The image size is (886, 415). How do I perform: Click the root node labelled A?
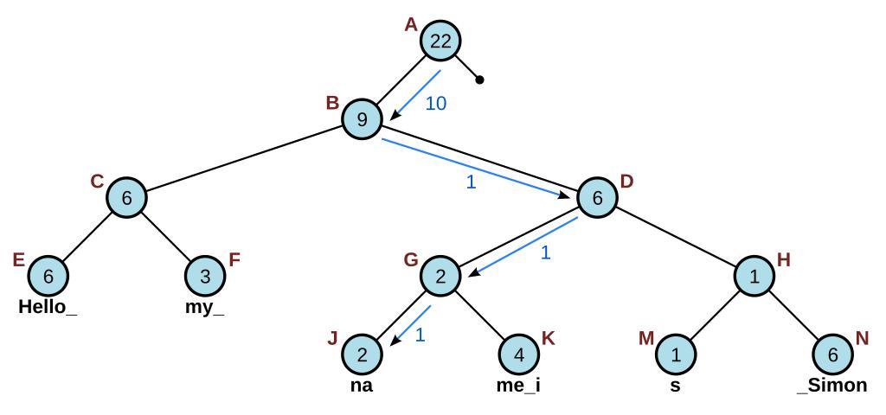(440, 41)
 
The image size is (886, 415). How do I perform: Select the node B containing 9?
(362, 118)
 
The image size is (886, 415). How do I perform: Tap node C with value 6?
(126, 197)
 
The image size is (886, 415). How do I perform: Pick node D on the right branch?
(597, 197)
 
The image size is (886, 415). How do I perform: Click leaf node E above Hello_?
(48, 276)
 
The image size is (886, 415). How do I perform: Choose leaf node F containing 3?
(205, 276)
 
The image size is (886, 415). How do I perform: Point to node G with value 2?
(440, 276)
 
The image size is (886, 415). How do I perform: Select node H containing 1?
(754, 276)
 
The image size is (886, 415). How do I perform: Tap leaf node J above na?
(362, 354)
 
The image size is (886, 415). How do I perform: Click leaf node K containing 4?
(518, 354)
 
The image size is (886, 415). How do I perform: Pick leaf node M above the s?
(675, 354)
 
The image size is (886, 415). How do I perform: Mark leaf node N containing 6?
(832, 354)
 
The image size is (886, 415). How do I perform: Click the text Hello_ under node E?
(48, 307)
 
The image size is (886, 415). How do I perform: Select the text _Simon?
(832, 386)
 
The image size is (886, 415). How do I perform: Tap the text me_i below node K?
(518, 386)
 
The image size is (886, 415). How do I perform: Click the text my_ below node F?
(205, 307)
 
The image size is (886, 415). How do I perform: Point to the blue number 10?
(436, 104)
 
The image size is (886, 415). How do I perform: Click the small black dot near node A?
(480, 80)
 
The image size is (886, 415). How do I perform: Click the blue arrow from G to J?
(410, 325)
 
